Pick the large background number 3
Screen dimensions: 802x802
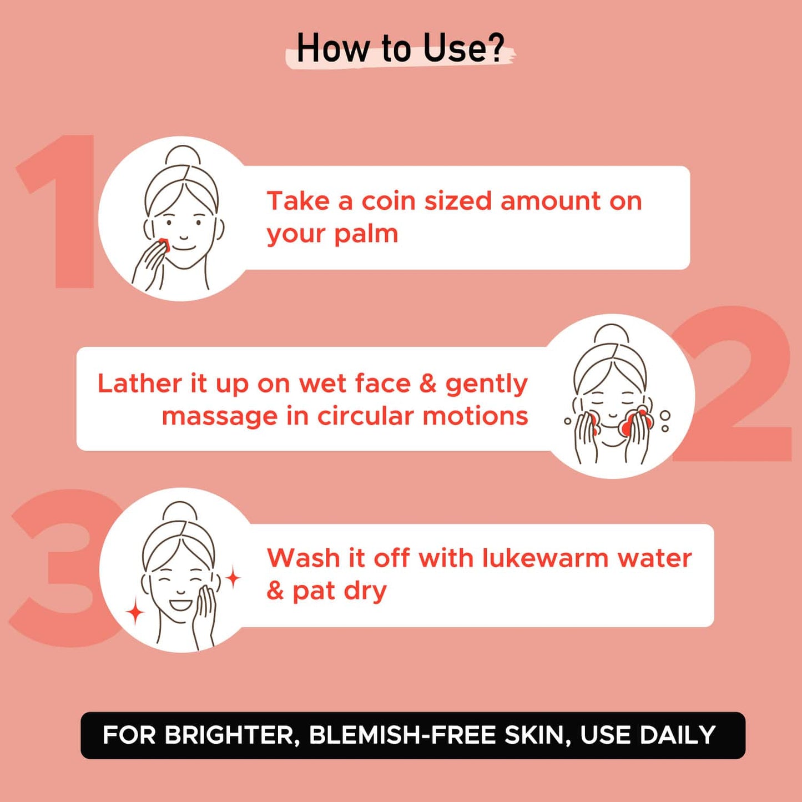[62, 568]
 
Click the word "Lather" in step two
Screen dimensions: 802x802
[140, 384]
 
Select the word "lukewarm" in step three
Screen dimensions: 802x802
[545, 558]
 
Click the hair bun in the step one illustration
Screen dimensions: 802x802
[183, 155]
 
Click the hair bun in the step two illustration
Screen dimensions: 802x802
[611, 334]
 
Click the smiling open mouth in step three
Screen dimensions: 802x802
[180, 603]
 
